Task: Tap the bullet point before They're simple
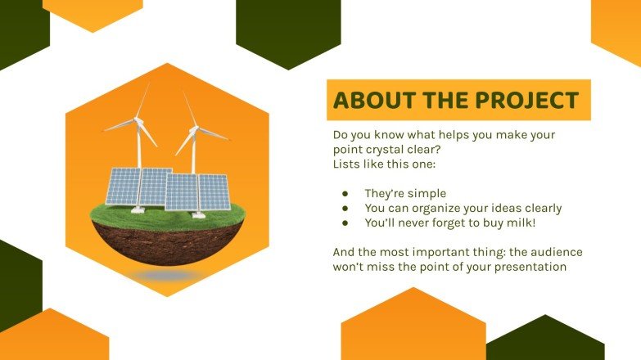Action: pos(345,194)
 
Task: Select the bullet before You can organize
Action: pos(345,208)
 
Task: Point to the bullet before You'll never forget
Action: pos(345,222)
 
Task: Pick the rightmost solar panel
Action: pos(214,192)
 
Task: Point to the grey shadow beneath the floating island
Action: pos(167,277)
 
